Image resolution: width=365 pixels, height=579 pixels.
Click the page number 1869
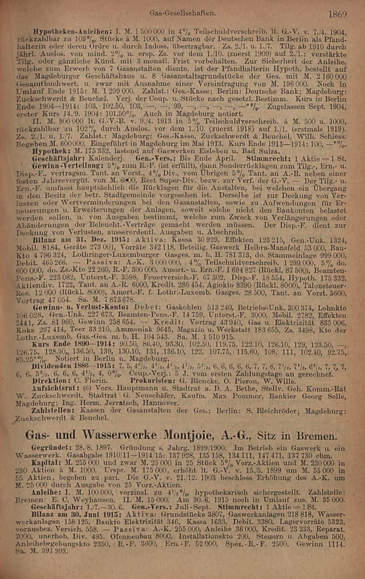click(337, 14)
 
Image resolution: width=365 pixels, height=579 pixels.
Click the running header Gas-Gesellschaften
click(181, 13)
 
